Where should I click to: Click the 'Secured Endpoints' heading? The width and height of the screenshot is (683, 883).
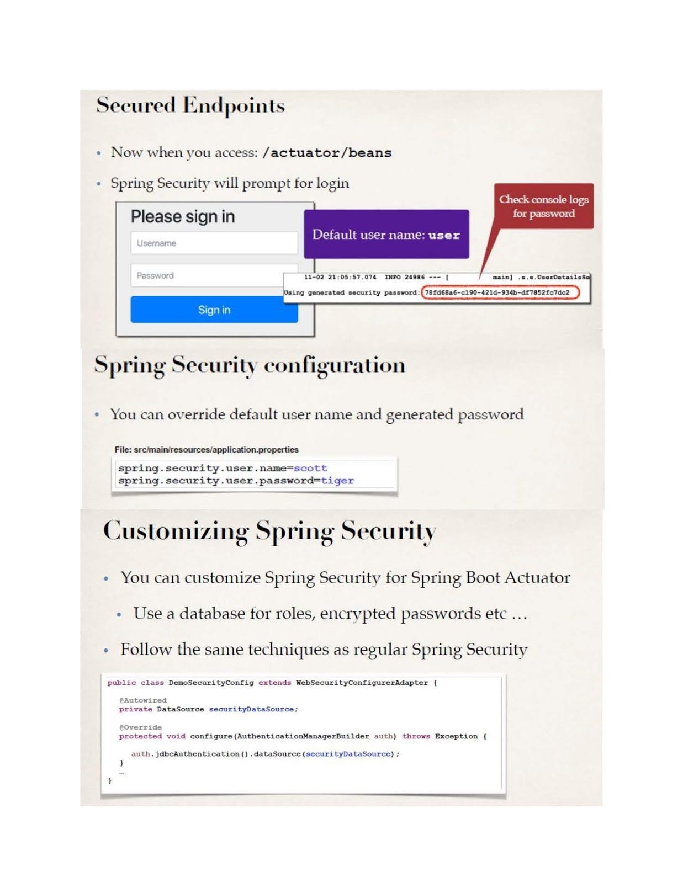(190, 105)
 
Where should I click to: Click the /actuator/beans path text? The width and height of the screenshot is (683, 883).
(327, 153)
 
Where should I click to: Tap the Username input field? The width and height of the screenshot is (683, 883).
(214, 243)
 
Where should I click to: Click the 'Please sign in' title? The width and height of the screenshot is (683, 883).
(183, 216)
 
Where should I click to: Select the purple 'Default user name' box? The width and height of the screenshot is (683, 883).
(386, 235)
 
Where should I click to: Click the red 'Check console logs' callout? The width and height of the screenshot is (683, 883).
(543, 206)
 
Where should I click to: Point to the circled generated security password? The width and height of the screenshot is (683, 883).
(500, 292)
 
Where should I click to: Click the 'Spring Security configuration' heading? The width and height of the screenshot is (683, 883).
(250, 365)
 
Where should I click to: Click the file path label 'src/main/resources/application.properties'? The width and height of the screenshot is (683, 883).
(207, 449)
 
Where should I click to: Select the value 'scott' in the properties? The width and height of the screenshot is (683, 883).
(310, 468)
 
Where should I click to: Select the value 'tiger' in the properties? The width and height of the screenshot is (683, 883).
(337, 481)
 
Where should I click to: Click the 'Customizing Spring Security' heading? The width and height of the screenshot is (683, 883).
(269, 531)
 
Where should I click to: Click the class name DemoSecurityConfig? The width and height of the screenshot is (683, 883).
(211, 683)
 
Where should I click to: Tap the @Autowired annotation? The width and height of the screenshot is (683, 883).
(143, 700)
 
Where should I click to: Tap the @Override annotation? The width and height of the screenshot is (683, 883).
(141, 727)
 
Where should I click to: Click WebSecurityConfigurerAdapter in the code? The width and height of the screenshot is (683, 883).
(362, 683)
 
